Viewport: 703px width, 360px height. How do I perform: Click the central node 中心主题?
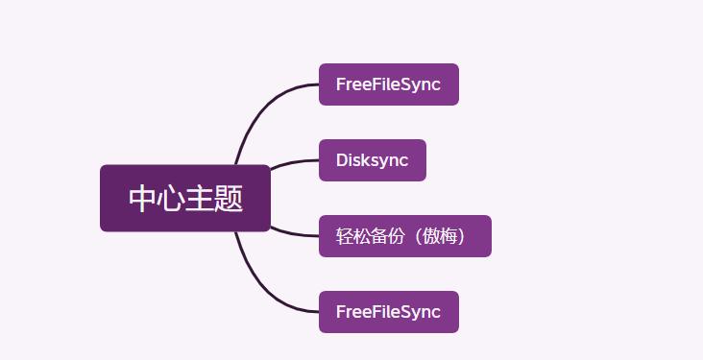click(185, 199)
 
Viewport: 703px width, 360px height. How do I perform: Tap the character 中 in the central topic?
click(143, 199)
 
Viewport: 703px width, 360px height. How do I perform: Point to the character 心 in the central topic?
click(171, 199)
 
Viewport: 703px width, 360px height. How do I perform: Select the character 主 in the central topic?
click(200, 199)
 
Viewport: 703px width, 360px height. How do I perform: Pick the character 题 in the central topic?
click(229, 199)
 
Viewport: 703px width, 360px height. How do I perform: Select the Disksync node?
click(372, 160)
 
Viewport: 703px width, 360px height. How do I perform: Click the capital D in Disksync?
click(341, 160)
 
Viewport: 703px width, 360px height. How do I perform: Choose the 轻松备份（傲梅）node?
click(404, 236)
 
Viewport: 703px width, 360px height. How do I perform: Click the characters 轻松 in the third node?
click(351, 236)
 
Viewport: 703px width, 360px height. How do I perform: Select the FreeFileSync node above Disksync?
click(388, 84)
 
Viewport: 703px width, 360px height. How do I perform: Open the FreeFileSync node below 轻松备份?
click(388, 312)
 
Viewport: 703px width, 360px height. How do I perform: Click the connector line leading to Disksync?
click(293, 163)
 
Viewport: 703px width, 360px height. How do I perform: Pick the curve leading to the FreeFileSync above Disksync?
click(264, 101)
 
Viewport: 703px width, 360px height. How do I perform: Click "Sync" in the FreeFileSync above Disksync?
click(422, 84)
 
